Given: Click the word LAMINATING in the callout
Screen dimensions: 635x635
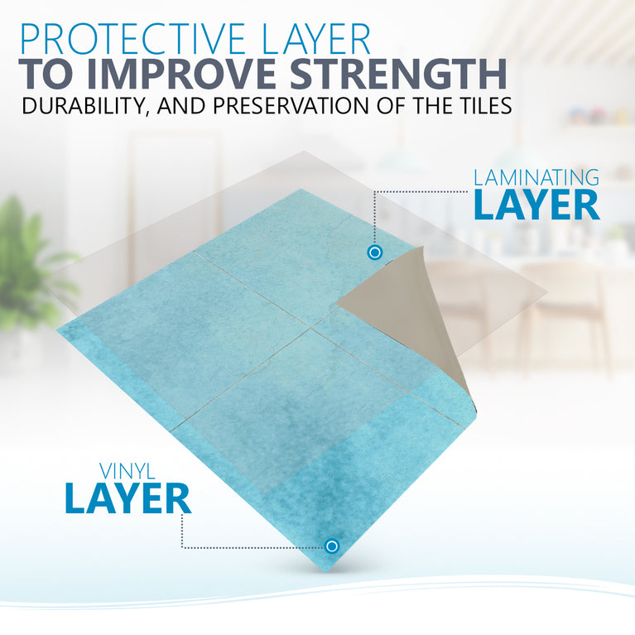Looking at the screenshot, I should point(536,178).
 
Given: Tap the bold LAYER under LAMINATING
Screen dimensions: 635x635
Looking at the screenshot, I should point(536,205).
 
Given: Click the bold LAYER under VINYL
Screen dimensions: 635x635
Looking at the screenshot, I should point(128,498).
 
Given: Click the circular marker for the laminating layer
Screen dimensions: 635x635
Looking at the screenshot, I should point(375,252).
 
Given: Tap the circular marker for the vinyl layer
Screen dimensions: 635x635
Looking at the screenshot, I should point(332,546).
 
